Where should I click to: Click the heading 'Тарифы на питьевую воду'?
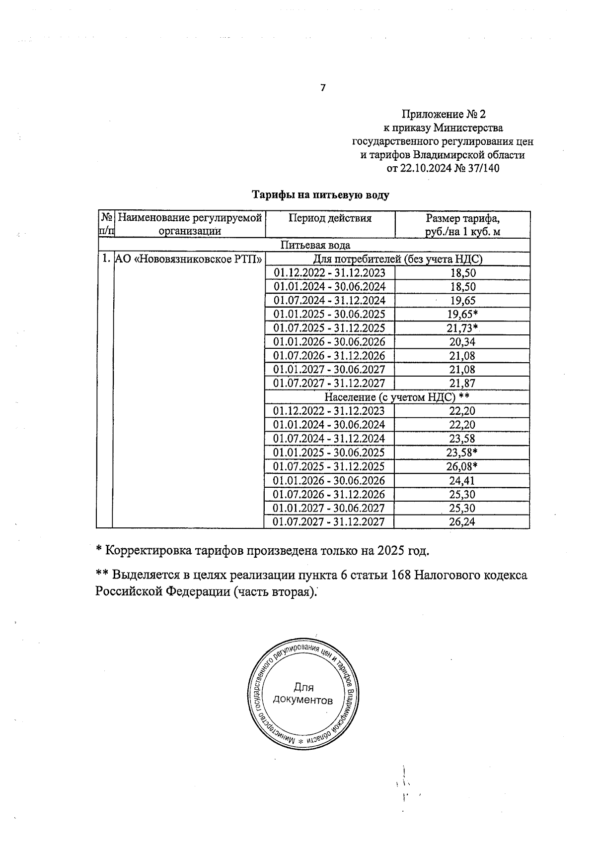[x=320, y=195]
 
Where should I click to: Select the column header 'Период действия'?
[x=330, y=218]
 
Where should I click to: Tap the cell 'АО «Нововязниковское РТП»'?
[x=188, y=259]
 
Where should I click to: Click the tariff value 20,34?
[x=462, y=342]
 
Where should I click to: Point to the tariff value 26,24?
[x=462, y=522]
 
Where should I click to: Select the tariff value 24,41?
[x=462, y=480]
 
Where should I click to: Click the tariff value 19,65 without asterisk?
[x=462, y=300]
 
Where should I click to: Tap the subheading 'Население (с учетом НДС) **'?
[x=397, y=397]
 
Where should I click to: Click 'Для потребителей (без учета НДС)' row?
[x=397, y=259]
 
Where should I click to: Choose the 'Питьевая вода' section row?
[x=315, y=245]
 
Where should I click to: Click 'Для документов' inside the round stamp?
[x=303, y=694]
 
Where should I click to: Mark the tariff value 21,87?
[x=462, y=383]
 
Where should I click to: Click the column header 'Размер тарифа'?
[x=462, y=218]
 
